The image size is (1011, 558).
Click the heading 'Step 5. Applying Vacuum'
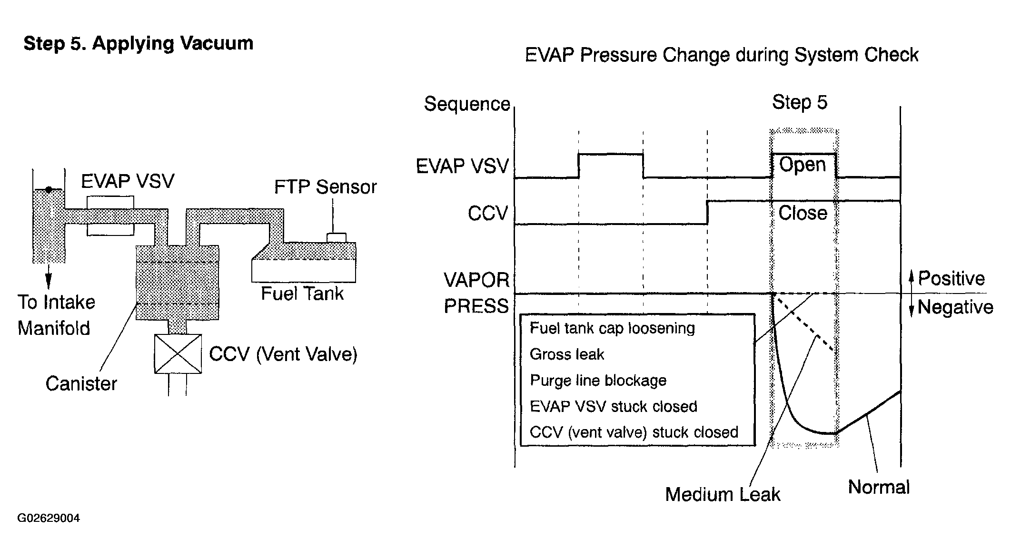pyautogui.click(x=139, y=44)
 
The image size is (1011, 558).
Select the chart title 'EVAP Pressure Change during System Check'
pyautogui.click(x=722, y=55)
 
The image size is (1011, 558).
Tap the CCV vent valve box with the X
pyautogui.click(x=178, y=353)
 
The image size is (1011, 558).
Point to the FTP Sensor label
pyautogui.click(x=326, y=187)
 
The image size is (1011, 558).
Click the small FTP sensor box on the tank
pyautogui.click(x=336, y=237)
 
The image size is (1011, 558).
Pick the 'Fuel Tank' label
pyautogui.click(x=302, y=294)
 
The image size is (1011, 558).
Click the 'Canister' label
pyautogui.click(x=81, y=383)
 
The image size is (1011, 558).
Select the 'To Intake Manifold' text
pyautogui.click(x=56, y=315)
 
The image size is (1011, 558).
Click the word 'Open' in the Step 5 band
pyautogui.click(x=803, y=165)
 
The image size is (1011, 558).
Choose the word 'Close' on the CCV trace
pyautogui.click(x=803, y=213)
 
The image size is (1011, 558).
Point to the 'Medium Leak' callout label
pyautogui.click(x=723, y=495)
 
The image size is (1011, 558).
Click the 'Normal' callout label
pyautogui.click(x=879, y=487)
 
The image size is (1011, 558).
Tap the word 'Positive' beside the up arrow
pyautogui.click(x=951, y=278)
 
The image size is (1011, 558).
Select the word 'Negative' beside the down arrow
pyautogui.click(x=955, y=307)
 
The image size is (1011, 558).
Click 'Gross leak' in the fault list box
pyautogui.click(x=567, y=354)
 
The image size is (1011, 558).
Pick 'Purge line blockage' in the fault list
pyautogui.click(x=598, y=381)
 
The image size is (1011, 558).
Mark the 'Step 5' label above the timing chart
pyautogui.click(x=800, y=103)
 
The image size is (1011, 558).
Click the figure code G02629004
pyautogui.click(x=49, y=518)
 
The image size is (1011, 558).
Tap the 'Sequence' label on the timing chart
pyautogui.click(x=467, y=104)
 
